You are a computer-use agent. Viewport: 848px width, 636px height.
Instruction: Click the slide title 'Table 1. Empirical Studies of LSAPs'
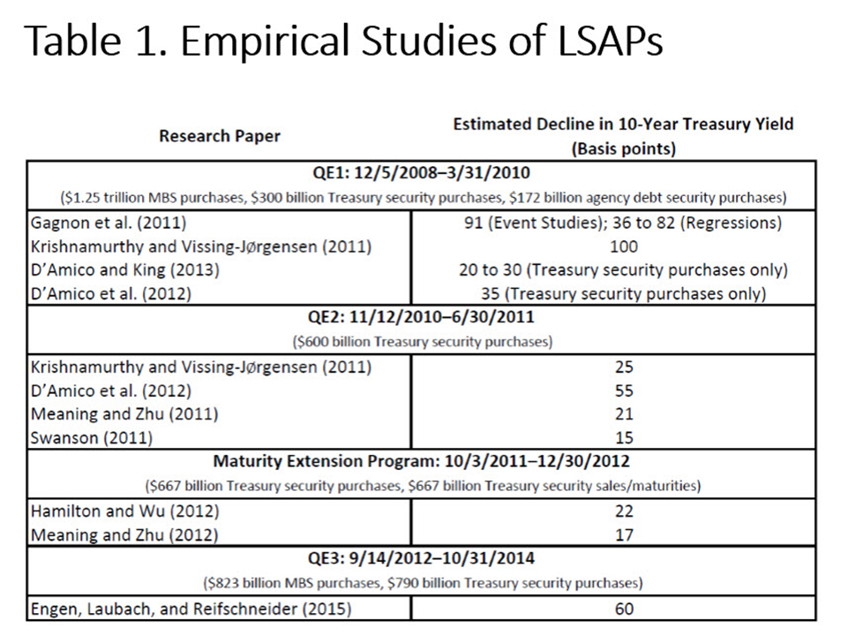pyautogui.click(x=343, y=41)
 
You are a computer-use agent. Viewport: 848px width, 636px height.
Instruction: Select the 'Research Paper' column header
pyautogui.click(x=220, y=136)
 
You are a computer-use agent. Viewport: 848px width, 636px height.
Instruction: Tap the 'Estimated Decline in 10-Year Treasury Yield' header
pyautogui.click(x=622, y=125)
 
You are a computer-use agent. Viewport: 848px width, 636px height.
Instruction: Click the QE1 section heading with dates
pyautogui.click(x=423, y=172)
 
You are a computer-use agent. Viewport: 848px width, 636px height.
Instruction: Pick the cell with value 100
pyautogui.click(x=622, y=247)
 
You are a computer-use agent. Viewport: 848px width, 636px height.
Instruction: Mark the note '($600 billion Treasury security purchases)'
pyautogui.click(x=423, y=340)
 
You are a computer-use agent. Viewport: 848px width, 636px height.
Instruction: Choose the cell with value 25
pyautogui.click(x=622, y=367)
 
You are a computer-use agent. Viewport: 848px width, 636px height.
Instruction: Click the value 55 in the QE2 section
pyautogui.click(x=622, y=390)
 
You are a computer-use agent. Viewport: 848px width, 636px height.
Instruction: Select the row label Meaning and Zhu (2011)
pyautogui.click(x=124, y=413)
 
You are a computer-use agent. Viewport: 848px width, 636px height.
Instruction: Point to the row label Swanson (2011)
pyautogui.click(x=91, y=437)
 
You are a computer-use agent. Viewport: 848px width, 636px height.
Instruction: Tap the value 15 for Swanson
pyautogui.click(x=622, y=437)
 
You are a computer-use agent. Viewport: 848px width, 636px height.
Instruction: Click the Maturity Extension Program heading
pyautogui.click(x=423, y=462)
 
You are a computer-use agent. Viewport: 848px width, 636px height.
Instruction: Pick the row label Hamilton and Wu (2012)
pyautogui.click(x=124, y=511)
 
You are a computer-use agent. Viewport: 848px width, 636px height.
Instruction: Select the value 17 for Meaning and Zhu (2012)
pyautogui.click(x=622, y=534)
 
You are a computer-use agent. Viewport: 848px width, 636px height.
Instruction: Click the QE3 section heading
pyautogui.click(x=423, y=559)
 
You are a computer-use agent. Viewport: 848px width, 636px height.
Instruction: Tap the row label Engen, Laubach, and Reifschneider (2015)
pyautogui.click(x=187, y=609)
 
